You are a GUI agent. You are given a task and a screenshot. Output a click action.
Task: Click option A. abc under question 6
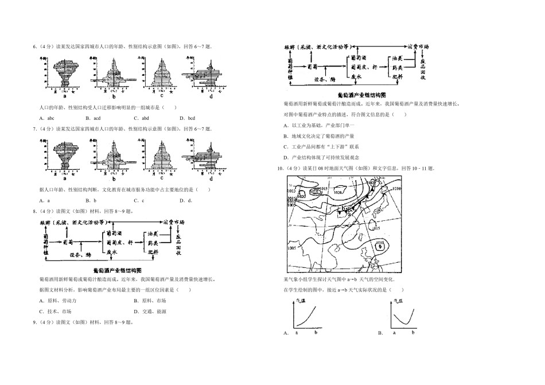(x=46, y=118)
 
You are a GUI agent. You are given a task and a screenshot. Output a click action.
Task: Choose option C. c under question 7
(x=138, y=200)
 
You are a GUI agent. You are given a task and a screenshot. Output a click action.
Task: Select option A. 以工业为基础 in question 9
(x=318, y=125)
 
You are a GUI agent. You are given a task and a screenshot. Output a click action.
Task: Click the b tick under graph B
(x=412, y=332)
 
